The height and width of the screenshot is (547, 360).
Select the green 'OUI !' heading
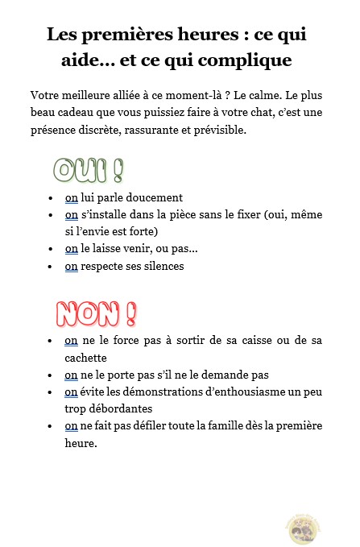point(89,169)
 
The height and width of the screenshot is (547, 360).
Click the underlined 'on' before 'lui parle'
point(72,197)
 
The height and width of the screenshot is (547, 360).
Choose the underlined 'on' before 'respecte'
point(72,266)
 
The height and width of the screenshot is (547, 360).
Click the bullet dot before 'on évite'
point(51,392)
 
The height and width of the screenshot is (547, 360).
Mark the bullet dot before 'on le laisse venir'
point(51,249)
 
